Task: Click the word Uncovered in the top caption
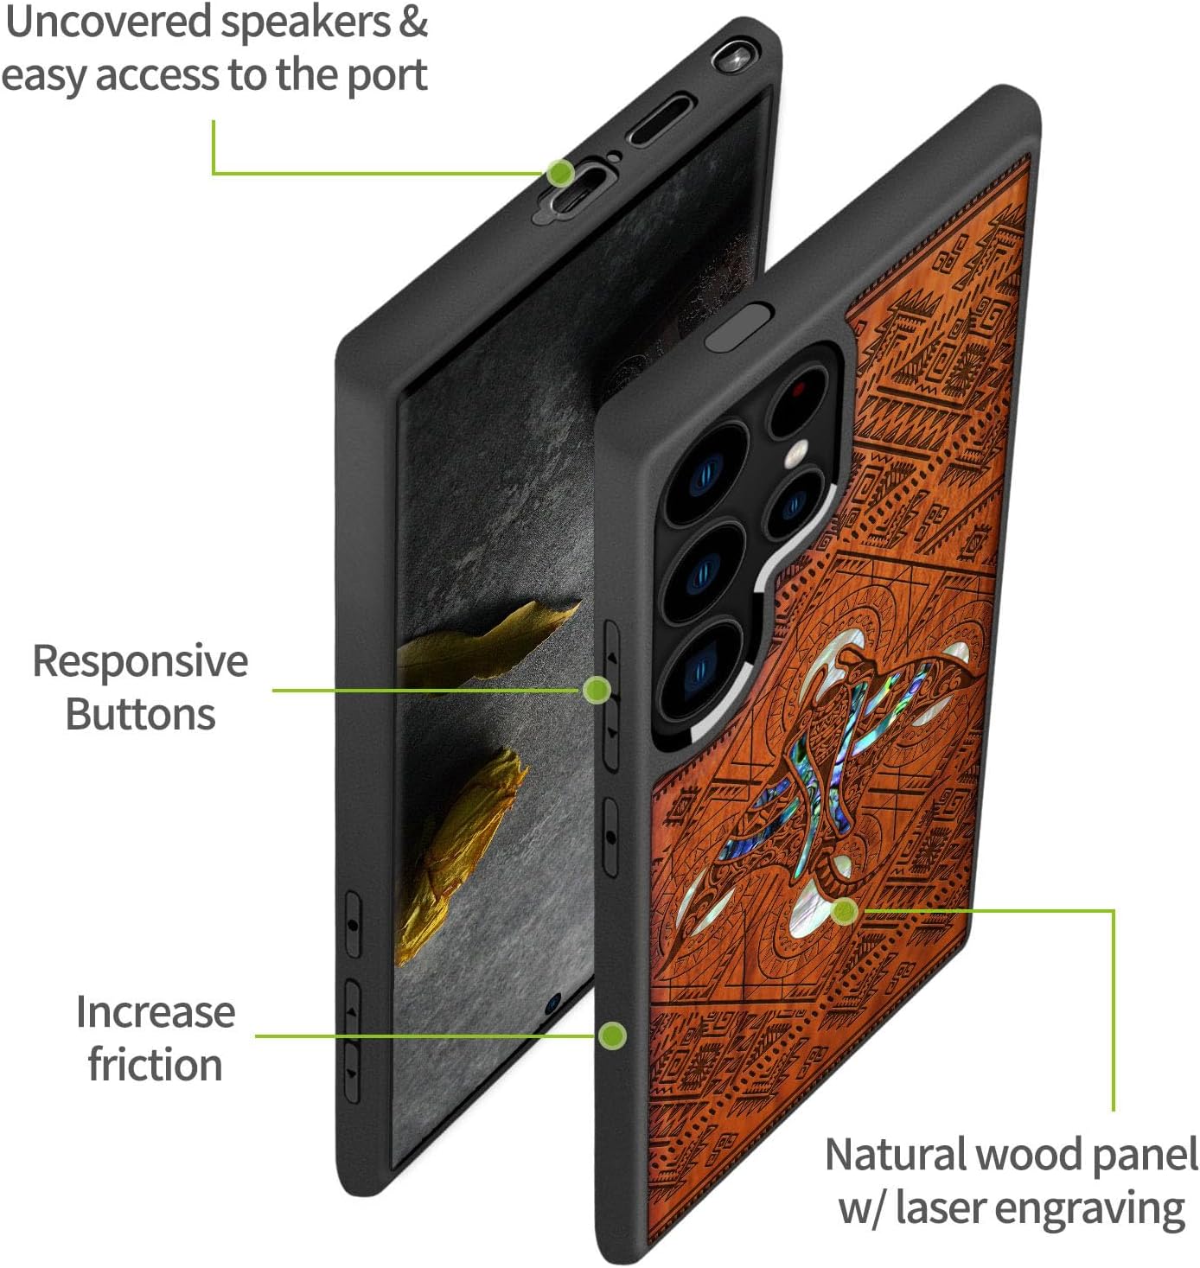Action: (109, 22)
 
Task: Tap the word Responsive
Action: (140, 662)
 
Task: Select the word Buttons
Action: (140, 715)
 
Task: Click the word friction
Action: (156, 1065)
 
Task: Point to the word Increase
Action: (156, 1012)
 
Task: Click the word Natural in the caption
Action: (895, 1155)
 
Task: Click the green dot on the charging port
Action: (562, 172)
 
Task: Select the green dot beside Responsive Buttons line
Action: (597, 690)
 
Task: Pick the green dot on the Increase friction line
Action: (612, 1035)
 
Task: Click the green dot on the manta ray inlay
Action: (845, 910)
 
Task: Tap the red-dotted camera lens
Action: (798, 394)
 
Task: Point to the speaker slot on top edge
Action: (661, 119)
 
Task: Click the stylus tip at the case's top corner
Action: (731, 57)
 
